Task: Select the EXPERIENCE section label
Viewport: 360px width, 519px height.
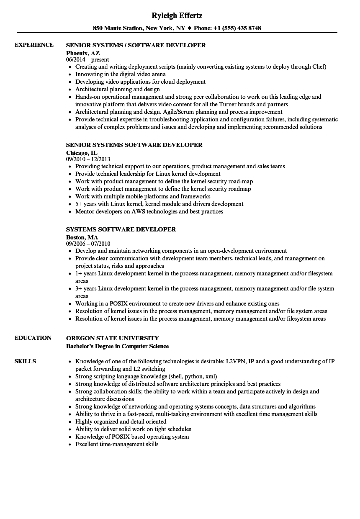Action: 34,45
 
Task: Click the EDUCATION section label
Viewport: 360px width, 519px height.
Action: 33,338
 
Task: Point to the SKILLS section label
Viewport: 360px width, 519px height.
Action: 25,361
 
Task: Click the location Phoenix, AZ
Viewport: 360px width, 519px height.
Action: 83,53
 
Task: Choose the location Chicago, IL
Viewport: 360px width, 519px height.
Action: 82,153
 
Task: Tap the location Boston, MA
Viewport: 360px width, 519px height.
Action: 82,237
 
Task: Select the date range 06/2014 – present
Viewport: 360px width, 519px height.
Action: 87,59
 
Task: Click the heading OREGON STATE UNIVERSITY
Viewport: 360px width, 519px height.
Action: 113,338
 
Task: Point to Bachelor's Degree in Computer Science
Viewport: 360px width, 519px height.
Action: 117,346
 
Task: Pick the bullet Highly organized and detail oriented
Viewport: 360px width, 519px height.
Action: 121,421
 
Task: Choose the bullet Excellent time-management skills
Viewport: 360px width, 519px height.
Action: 117,444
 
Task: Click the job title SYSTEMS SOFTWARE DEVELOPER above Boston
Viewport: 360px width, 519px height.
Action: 121,229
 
